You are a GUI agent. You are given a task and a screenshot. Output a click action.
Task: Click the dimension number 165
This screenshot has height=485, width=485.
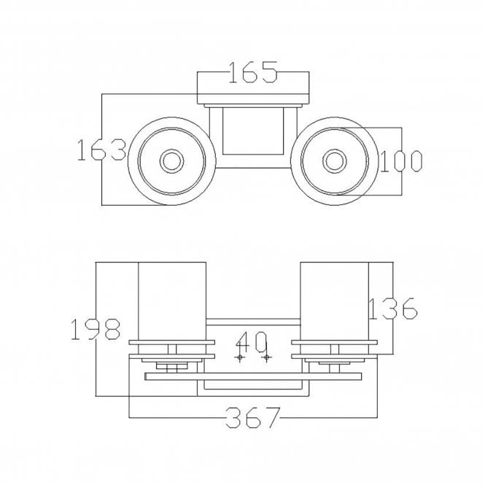[x=252, y=72]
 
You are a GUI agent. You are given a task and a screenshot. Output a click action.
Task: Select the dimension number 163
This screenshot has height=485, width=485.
[x=101, y=150]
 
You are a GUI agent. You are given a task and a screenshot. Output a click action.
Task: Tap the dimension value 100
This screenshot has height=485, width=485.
[x=400, y=161]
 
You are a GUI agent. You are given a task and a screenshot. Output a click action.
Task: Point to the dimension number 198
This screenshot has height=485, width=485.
[x=96, y=329]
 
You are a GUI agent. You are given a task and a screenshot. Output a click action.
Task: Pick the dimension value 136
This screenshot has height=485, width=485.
[x=393, y=309]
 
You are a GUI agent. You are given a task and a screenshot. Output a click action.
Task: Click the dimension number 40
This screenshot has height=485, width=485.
[x=251, y=342]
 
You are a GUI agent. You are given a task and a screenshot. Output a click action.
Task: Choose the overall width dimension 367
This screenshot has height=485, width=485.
[x=253, y=418]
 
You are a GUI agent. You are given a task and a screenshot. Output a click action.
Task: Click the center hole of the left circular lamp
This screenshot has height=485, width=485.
[x=171, y=161]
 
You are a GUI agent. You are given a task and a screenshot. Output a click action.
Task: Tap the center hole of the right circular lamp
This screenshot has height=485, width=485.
[x=334, y=161]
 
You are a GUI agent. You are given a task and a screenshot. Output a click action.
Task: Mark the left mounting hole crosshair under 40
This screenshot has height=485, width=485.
[x=240, y=357]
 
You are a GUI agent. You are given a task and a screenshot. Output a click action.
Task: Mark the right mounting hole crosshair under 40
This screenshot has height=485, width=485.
[x=267, y=357]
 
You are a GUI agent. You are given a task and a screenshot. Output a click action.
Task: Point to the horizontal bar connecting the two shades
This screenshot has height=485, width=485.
[x=253, y=322]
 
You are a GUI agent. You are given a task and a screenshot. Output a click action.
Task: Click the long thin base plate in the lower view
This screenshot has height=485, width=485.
[x=253, y=376]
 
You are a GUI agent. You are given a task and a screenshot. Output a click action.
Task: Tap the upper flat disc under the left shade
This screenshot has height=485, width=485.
[x=171, y=342]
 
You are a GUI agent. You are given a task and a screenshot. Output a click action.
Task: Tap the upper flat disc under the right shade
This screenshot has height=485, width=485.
[x=334, y=342]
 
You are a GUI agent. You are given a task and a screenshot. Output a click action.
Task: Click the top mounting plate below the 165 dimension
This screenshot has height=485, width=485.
[x=253, y=99]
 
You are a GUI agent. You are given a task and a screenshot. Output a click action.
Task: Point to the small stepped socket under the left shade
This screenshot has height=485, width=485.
[x=171, y=365]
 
